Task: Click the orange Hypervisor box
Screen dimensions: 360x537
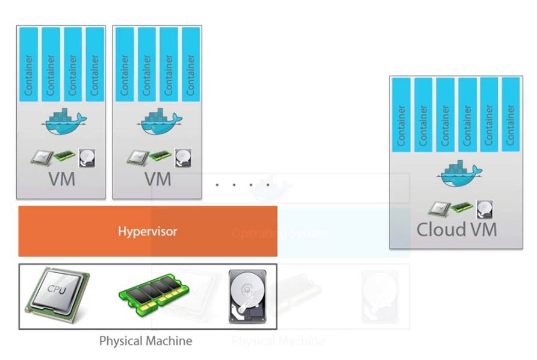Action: tap(147, 231)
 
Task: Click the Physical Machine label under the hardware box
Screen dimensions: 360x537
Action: tap(146, 341)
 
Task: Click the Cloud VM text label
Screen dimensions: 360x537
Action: tap(456, 229)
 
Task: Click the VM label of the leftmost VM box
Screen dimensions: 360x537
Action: tap(61, 179)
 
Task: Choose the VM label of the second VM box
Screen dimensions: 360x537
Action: tap(158, 179)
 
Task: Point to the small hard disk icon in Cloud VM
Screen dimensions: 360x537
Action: tap(484, 208)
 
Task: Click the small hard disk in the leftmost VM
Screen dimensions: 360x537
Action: tap(87, 158)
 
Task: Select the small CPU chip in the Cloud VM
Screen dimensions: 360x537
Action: tap(438, 208)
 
